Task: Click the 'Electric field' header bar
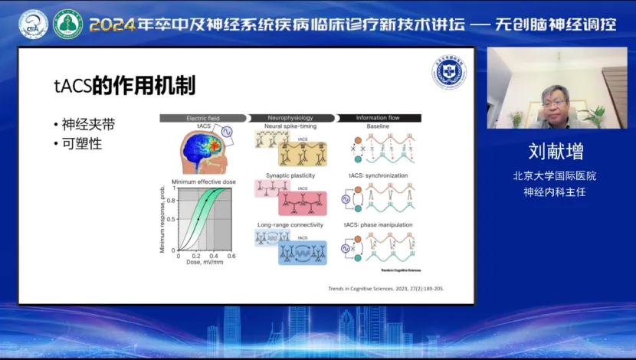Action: (x=202, y=118)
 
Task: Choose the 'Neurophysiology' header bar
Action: (x=290, y=118)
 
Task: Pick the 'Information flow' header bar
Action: (x=378, y=118)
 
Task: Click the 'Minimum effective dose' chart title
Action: (x=203, y=182)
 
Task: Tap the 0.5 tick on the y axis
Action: (x=172, y=220)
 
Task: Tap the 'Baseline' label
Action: (x=378, y=126)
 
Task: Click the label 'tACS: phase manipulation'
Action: (x=381, y=224)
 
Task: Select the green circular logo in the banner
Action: (x=67, y=25)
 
